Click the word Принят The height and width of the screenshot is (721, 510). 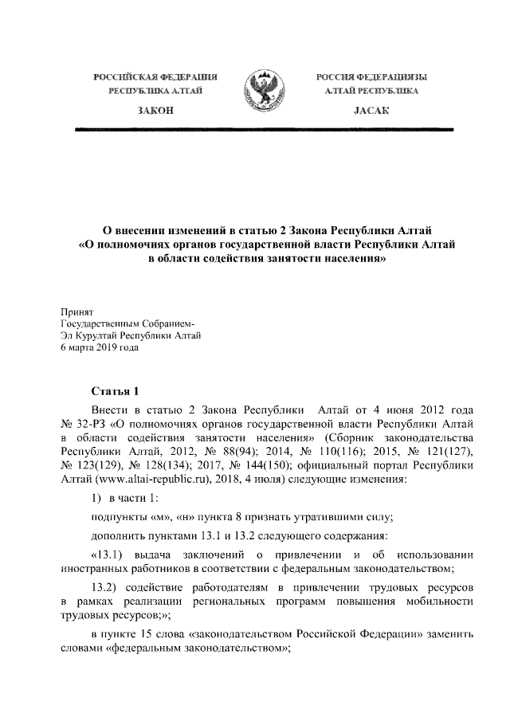pyautogui.click(x=77, y=312)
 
